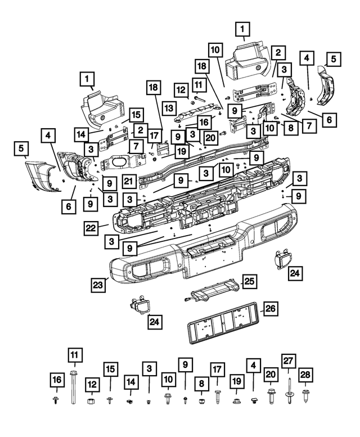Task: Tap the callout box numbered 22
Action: click(91, 227)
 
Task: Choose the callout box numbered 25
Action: click(249, 281)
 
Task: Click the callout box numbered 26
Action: click(271, 308)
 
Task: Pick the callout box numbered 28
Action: click(305, 375)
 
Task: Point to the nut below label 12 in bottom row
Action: click(90, 401)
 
